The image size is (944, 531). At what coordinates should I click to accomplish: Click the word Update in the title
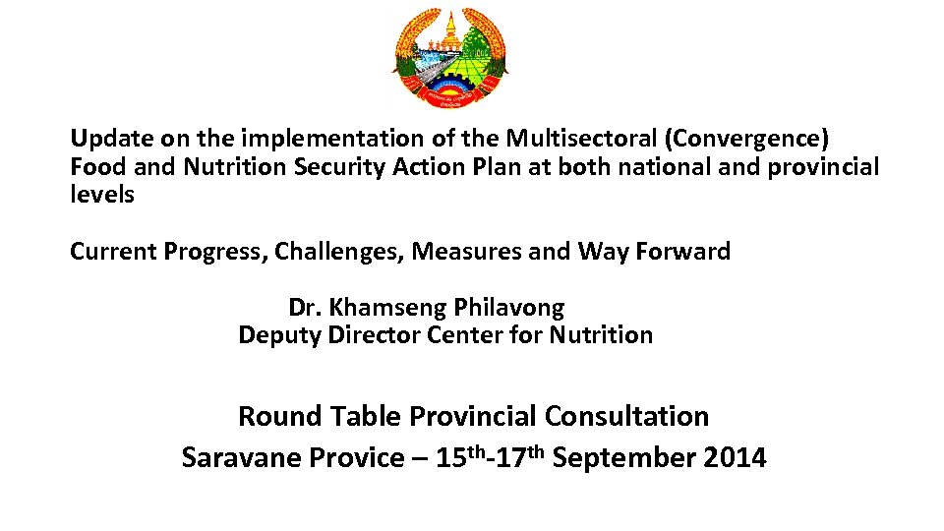click(x=105, y=139)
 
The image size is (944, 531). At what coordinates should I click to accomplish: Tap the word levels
click(x=102, y=195)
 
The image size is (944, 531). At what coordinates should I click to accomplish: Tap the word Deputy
click(x=279, y=335)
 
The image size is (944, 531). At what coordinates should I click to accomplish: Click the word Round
click(x=279, y=416)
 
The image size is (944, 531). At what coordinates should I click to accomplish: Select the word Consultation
click(x=626, y=416)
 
